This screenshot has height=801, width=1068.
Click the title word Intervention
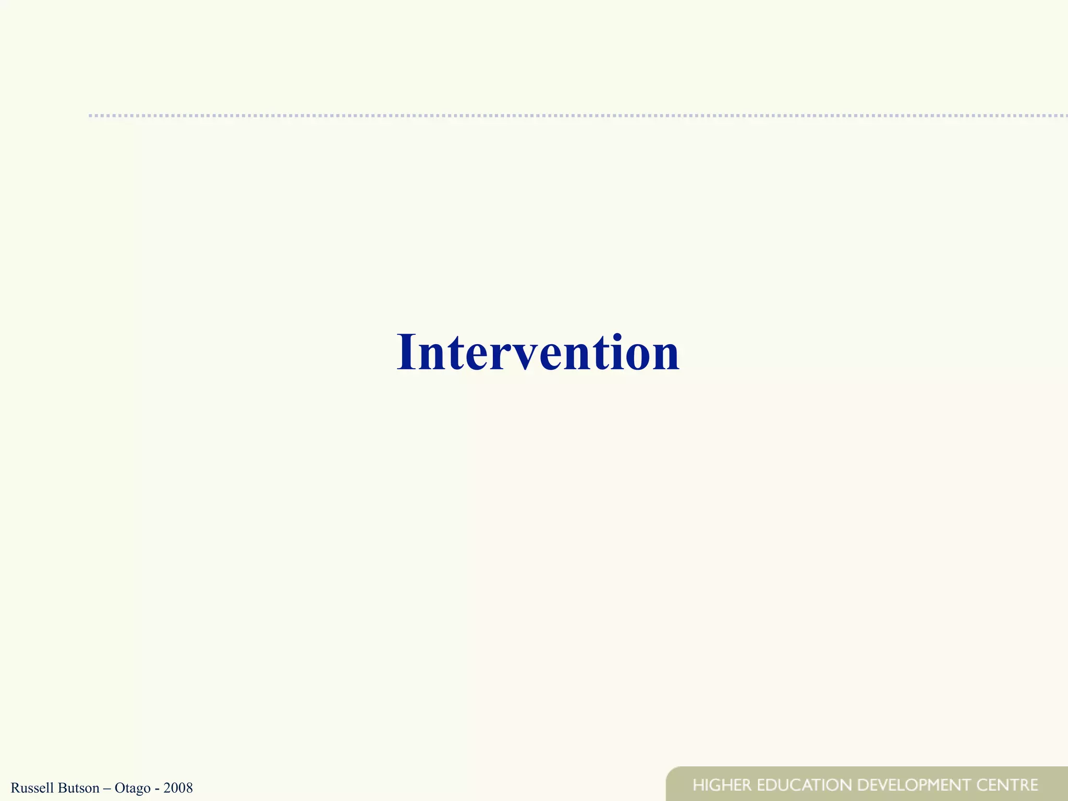tap(538, 353)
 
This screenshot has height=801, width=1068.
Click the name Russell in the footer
tap(32, 787)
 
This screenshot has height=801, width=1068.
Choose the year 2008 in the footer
tap(178, 787)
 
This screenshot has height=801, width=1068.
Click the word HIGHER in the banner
tap(722, 785)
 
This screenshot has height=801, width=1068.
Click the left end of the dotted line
tap(91, 115)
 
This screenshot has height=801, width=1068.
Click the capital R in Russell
tap(15, 787)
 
